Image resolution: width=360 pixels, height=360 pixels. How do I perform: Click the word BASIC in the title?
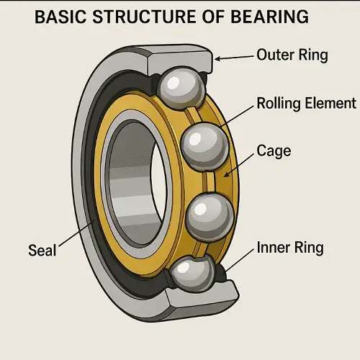(x=60, y=17)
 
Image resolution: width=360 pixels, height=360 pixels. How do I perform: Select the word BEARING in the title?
(x=269, y=17)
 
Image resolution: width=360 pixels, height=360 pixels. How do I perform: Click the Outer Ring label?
(x=292, y=55)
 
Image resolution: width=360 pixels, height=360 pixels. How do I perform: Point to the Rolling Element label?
(x=307, y=103)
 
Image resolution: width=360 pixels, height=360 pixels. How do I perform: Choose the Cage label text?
(x=274, y=151)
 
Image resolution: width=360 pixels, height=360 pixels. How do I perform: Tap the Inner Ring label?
(x=290, y=247)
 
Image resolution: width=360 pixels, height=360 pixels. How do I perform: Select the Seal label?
(x=42, y=250)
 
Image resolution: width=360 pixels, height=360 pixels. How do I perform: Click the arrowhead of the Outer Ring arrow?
(x=217, y=58)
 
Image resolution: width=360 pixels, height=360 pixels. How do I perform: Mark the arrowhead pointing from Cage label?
(x=226, y=174)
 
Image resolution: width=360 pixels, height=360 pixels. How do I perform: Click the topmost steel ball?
(x=181, y=88)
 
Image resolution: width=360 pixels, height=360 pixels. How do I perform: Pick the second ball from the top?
(x=204, y=147)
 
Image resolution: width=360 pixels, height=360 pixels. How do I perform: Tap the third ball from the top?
(x=210, y=217)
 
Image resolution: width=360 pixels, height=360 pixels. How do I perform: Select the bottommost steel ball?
(x=193, y=274)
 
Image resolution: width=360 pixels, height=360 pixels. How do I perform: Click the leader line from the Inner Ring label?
(x=239, y=261)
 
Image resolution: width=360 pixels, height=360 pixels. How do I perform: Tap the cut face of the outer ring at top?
(x=180, y=60)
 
